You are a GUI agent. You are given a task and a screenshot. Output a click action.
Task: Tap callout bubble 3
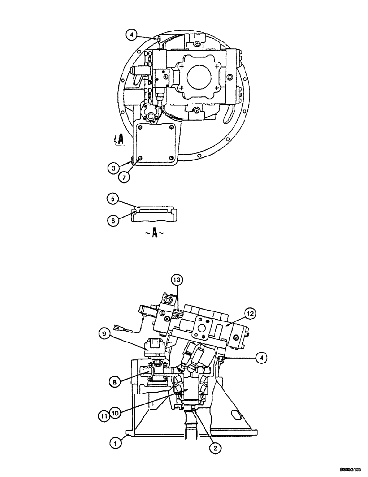point(113,167)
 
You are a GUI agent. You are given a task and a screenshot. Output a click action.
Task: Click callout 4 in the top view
point(132,34)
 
